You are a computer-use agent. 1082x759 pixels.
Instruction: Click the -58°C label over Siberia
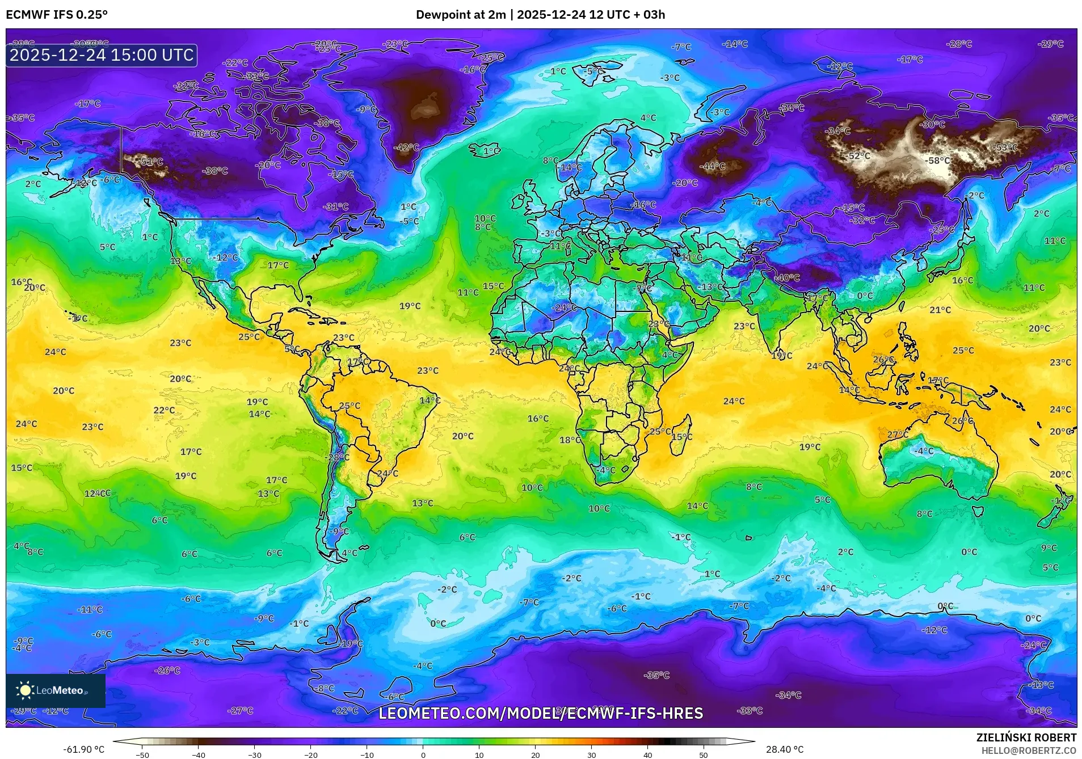tap(937, 161)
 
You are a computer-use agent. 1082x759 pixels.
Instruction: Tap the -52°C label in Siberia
tap(858, 156)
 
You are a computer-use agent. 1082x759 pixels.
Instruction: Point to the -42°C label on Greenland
tap(406, 147)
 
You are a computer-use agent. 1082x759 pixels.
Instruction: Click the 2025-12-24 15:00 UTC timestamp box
tap(102, 55)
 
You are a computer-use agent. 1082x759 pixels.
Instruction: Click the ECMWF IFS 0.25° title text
tap(57, 15)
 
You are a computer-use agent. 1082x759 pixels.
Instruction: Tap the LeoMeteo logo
tap(55, 690)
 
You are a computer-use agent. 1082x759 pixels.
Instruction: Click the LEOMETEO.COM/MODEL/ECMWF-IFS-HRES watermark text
tap(540, 713)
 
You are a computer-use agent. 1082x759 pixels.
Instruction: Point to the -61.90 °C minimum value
tap(84, 749)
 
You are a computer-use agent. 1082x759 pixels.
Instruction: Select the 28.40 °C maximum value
tap(785, 749)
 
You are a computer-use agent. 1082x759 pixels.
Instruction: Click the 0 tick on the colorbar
tap(423, 755)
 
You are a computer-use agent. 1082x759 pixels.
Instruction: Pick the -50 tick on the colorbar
tap(142, 755)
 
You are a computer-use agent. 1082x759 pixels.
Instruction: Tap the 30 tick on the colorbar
tap(591, 755)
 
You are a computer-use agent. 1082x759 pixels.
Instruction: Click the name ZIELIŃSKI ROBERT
tap(1026, 737)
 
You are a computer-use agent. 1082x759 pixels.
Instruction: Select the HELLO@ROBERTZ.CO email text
tap(1029, 750)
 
